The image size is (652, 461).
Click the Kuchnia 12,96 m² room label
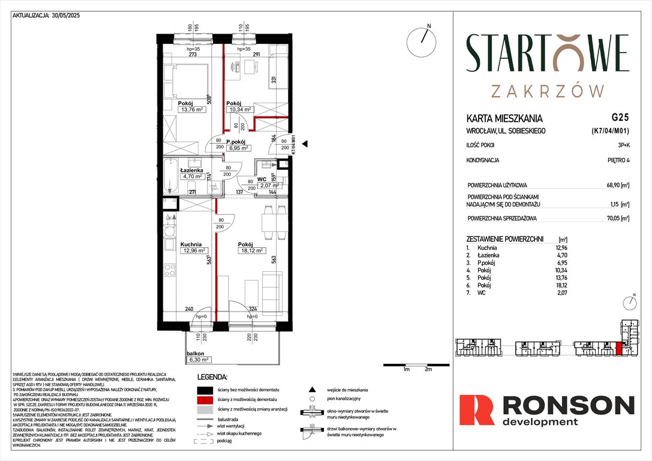click(x=193, y=248)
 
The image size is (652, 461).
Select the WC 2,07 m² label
click(x=265, y=182)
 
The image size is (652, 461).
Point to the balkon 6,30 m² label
click(x=197, y=357)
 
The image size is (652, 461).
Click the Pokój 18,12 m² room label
click(x=251, y=248)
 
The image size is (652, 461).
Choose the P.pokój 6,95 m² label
click(x=233, y=145)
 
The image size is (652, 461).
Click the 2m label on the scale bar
click(x=428, y=370)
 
